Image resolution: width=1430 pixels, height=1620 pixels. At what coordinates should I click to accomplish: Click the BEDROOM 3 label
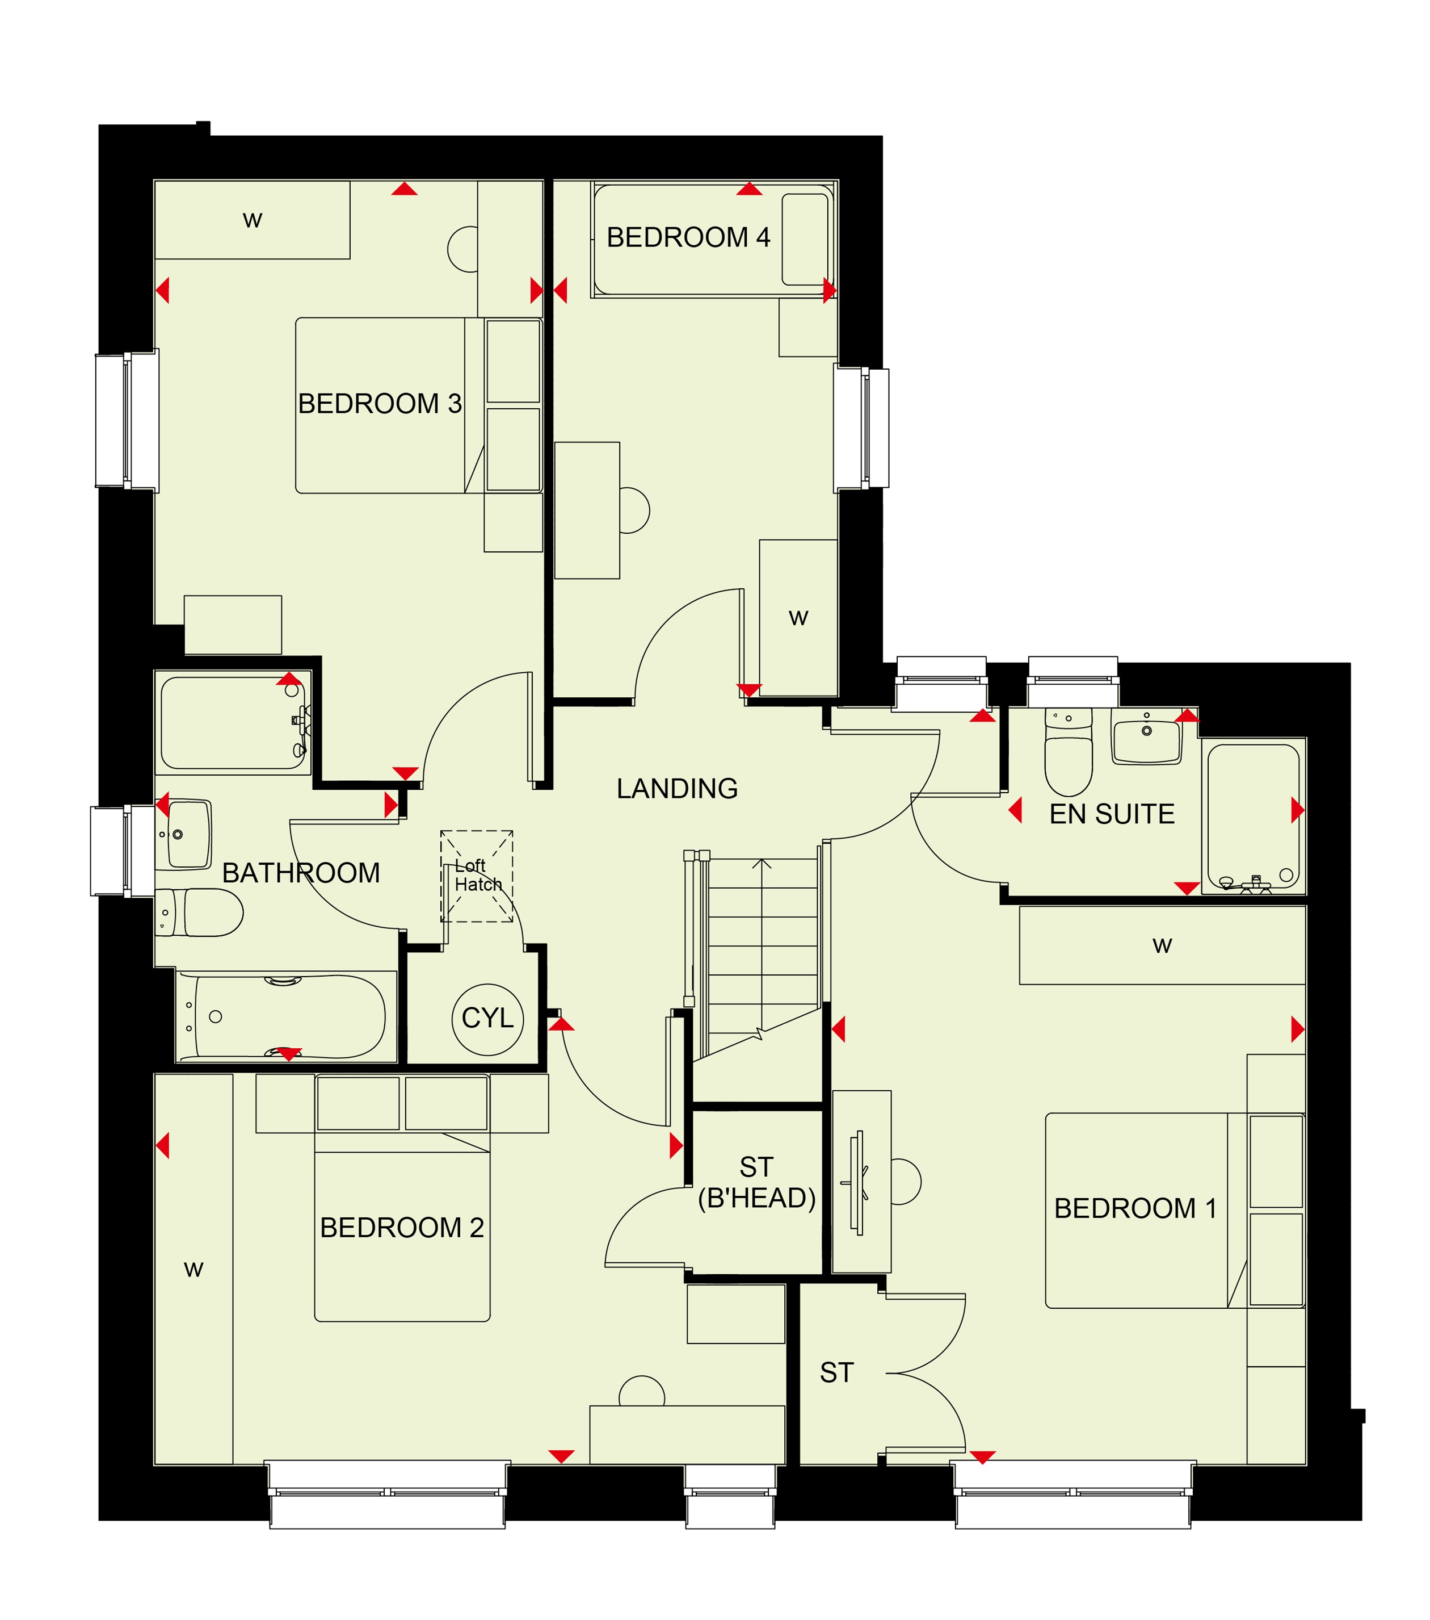(x=380, y=404)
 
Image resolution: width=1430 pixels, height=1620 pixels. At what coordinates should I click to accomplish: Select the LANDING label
(x=678, y=789)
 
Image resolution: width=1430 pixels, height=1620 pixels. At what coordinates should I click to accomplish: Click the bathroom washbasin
(x=184, y=835)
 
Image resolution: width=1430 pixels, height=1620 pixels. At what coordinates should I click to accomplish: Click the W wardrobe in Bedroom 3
(x=252, y=220)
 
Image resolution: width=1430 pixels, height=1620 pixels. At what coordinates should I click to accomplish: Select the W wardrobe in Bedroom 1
(x=1162, y=945)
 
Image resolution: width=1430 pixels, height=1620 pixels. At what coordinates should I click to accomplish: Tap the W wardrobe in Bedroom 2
(x=194, y=1268)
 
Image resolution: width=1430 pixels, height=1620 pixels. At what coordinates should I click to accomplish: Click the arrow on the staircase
(x=762, y=943)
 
